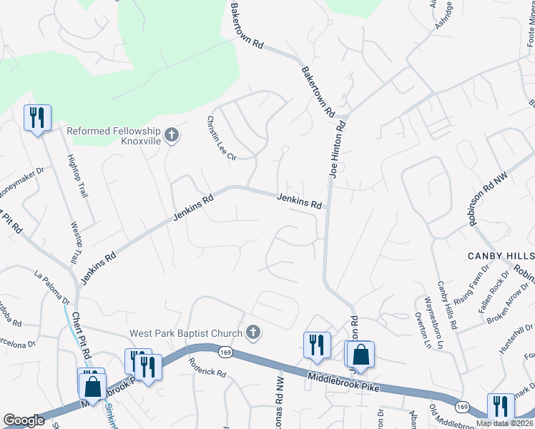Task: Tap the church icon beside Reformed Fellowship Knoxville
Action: (171, 134)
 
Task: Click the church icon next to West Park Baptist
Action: (252, 332)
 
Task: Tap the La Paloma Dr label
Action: (52, 286)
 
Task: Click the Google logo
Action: (24, 420)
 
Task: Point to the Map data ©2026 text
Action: (504, 423)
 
